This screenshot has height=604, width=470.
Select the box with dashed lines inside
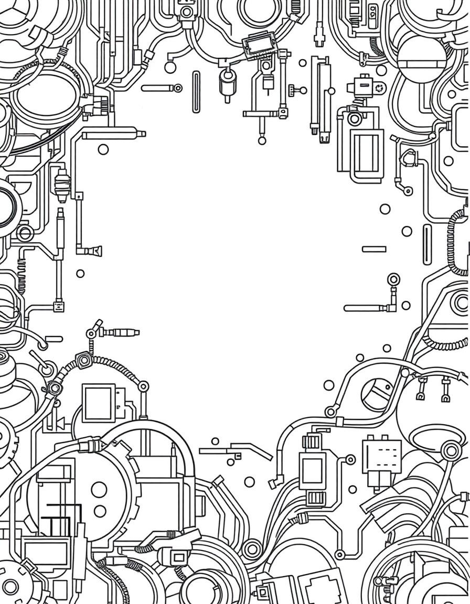[x=382, y=452]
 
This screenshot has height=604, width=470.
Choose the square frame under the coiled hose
[x=99, y=403]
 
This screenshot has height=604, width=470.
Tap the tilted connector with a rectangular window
[x=260, y=40]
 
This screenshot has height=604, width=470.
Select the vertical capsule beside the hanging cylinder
[x=196, y=92]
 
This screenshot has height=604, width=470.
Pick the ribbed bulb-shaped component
[x=62, y=185]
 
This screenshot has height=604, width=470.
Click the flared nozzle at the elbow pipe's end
[x=95, y=251]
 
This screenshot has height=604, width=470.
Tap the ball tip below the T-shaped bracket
[x=262, y=139]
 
